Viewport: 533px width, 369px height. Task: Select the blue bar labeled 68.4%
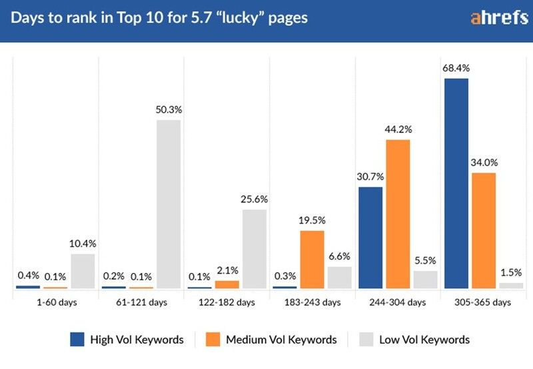456,183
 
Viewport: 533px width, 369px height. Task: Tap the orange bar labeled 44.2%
398,214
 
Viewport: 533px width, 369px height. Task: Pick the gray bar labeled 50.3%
169,204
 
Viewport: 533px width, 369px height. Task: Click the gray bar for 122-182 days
255,249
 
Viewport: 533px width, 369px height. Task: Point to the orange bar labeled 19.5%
312,260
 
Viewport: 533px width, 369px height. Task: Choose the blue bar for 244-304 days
370,238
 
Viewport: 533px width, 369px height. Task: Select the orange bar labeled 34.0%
484,230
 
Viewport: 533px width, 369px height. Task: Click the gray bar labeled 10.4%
83,271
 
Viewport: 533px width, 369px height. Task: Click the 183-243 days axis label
313,302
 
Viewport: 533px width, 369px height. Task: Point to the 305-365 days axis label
484,302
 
